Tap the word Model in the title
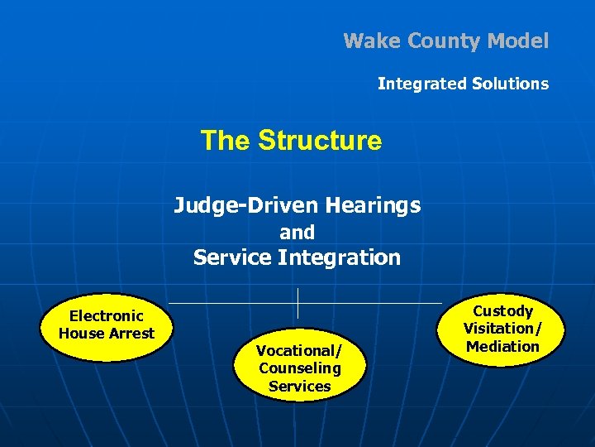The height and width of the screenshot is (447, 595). click(x=517, y=41)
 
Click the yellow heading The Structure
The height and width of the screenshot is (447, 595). click(x=291, y=141)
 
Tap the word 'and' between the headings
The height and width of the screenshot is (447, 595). click(x=297, y=233)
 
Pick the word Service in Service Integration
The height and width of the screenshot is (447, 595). click(x=232, y=257)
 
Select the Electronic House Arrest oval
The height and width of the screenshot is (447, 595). click(x=106, y=328)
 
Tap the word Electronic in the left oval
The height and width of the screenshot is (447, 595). click(x=106, y=315)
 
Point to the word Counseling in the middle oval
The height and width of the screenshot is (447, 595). click(x=299, y=368)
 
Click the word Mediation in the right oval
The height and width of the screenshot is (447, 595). click(x=502, y=347)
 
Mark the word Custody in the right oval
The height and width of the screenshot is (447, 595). click(x=502, y=311)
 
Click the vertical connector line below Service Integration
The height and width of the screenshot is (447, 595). click(x=297, y=303)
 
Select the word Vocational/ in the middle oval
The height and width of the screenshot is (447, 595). click(x=299, y=351)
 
